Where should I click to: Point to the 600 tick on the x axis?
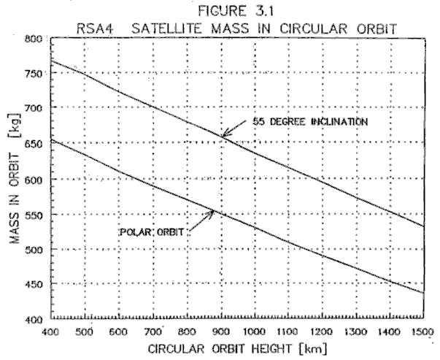click(119, 332)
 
